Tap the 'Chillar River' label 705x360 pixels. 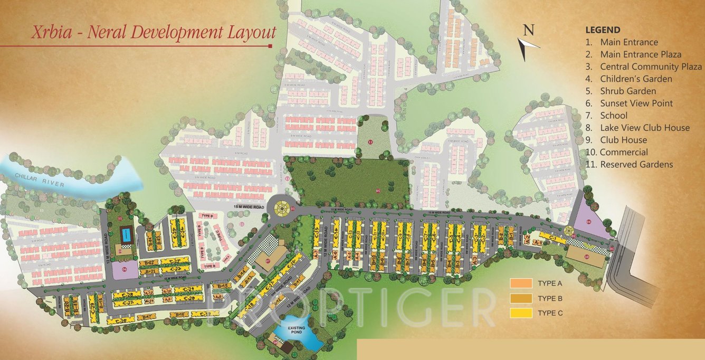point(40,180)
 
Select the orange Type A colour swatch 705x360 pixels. point(520,283)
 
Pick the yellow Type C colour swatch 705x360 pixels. point(520,313)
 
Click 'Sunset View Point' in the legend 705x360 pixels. point(636,103)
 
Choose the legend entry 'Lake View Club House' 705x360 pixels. point(644,128)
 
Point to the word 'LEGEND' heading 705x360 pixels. point(603,30)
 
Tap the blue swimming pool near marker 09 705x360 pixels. point(126,234)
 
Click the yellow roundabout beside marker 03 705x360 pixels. point(280,207)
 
